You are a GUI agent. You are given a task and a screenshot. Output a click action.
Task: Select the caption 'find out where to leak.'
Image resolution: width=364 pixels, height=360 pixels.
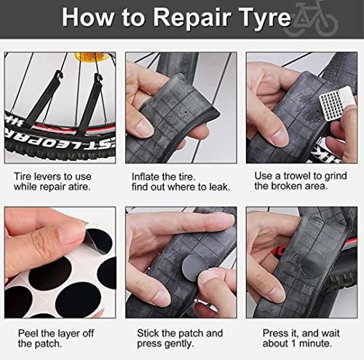[x=180, y=188]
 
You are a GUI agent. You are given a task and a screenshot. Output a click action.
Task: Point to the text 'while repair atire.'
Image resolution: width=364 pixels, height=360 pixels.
[x=57, y=188]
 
